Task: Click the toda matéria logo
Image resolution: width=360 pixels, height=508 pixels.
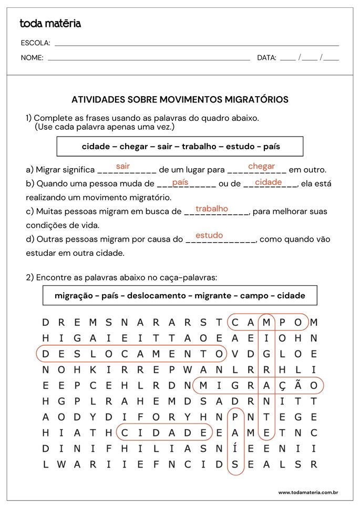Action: click(x=50, y=24)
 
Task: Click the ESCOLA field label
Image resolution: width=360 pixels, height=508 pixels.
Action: click(x=36, y=43)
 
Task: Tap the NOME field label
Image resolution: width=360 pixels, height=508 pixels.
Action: click(x=32, y=58)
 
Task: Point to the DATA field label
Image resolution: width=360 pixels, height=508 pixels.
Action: click(x=266, y=58)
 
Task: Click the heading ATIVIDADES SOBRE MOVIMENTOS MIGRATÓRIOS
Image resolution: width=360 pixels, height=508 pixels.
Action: click(x=180, y=99)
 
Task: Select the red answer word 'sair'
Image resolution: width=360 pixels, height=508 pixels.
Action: click(x=123, y=166)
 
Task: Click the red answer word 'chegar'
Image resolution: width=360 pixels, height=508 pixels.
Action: click(x=261, y=166)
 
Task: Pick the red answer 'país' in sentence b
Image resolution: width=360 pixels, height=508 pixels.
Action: click(x=180, y=182)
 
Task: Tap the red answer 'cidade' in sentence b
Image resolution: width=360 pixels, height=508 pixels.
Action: click(x=269, y=182)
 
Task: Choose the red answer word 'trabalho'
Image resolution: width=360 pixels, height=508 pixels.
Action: click(x=212, y=209)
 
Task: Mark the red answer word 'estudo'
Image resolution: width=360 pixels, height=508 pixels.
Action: click(x=209, y=235)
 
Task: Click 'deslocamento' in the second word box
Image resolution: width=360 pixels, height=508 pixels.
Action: click(x=158, y=296)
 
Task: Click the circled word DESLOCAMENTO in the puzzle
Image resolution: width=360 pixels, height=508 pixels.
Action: click(x=131, y=354)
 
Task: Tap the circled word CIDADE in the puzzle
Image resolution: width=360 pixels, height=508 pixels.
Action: click(x=164, y=432)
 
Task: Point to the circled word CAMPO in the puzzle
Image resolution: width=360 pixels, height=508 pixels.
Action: click(x=268, y=322)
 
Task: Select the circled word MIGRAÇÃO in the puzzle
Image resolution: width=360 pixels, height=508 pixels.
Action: click(x=258, y=386)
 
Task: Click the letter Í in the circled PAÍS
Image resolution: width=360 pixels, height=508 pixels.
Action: click(x=235, y=448)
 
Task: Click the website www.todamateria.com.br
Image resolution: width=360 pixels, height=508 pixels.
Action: click(x=307, y=492)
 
